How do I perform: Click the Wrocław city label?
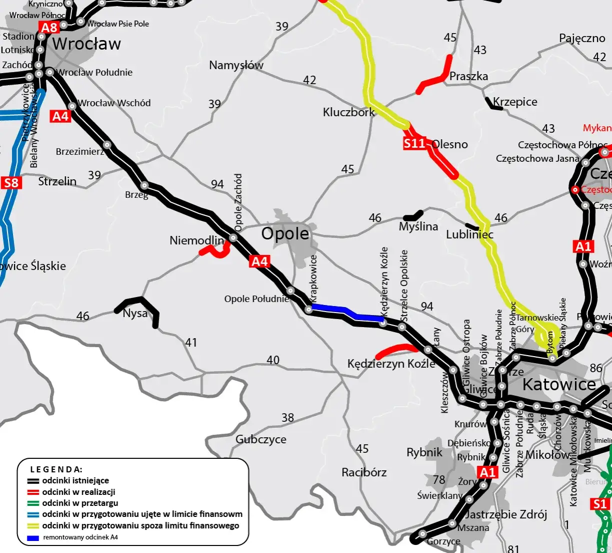tap(87, 44)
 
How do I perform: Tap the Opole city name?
tap(285, 233)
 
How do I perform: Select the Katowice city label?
tap(559, 384)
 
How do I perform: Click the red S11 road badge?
tap(414, 144)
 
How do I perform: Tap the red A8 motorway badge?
tap(50, 28)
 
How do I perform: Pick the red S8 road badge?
tap(11, 182)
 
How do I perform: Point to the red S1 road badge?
tap(599, 504)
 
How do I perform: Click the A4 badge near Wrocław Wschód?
tap(61, 116)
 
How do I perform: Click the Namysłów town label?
tap(236, 65)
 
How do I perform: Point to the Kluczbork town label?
tap(348, 112)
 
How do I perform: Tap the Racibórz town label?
tap(364, 472)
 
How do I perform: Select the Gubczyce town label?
tap(261, 439)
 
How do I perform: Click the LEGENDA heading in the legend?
tap(56, 469)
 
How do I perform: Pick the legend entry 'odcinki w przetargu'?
tap(80, 503)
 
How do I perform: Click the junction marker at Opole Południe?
tap(290, 291)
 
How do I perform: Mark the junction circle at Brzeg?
tap(144, 185)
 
